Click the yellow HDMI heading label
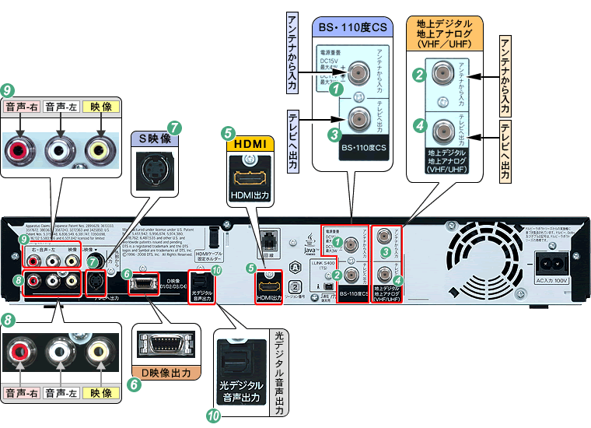point(249,144)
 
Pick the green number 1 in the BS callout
point(336,89)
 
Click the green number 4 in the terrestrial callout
point(418,124)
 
